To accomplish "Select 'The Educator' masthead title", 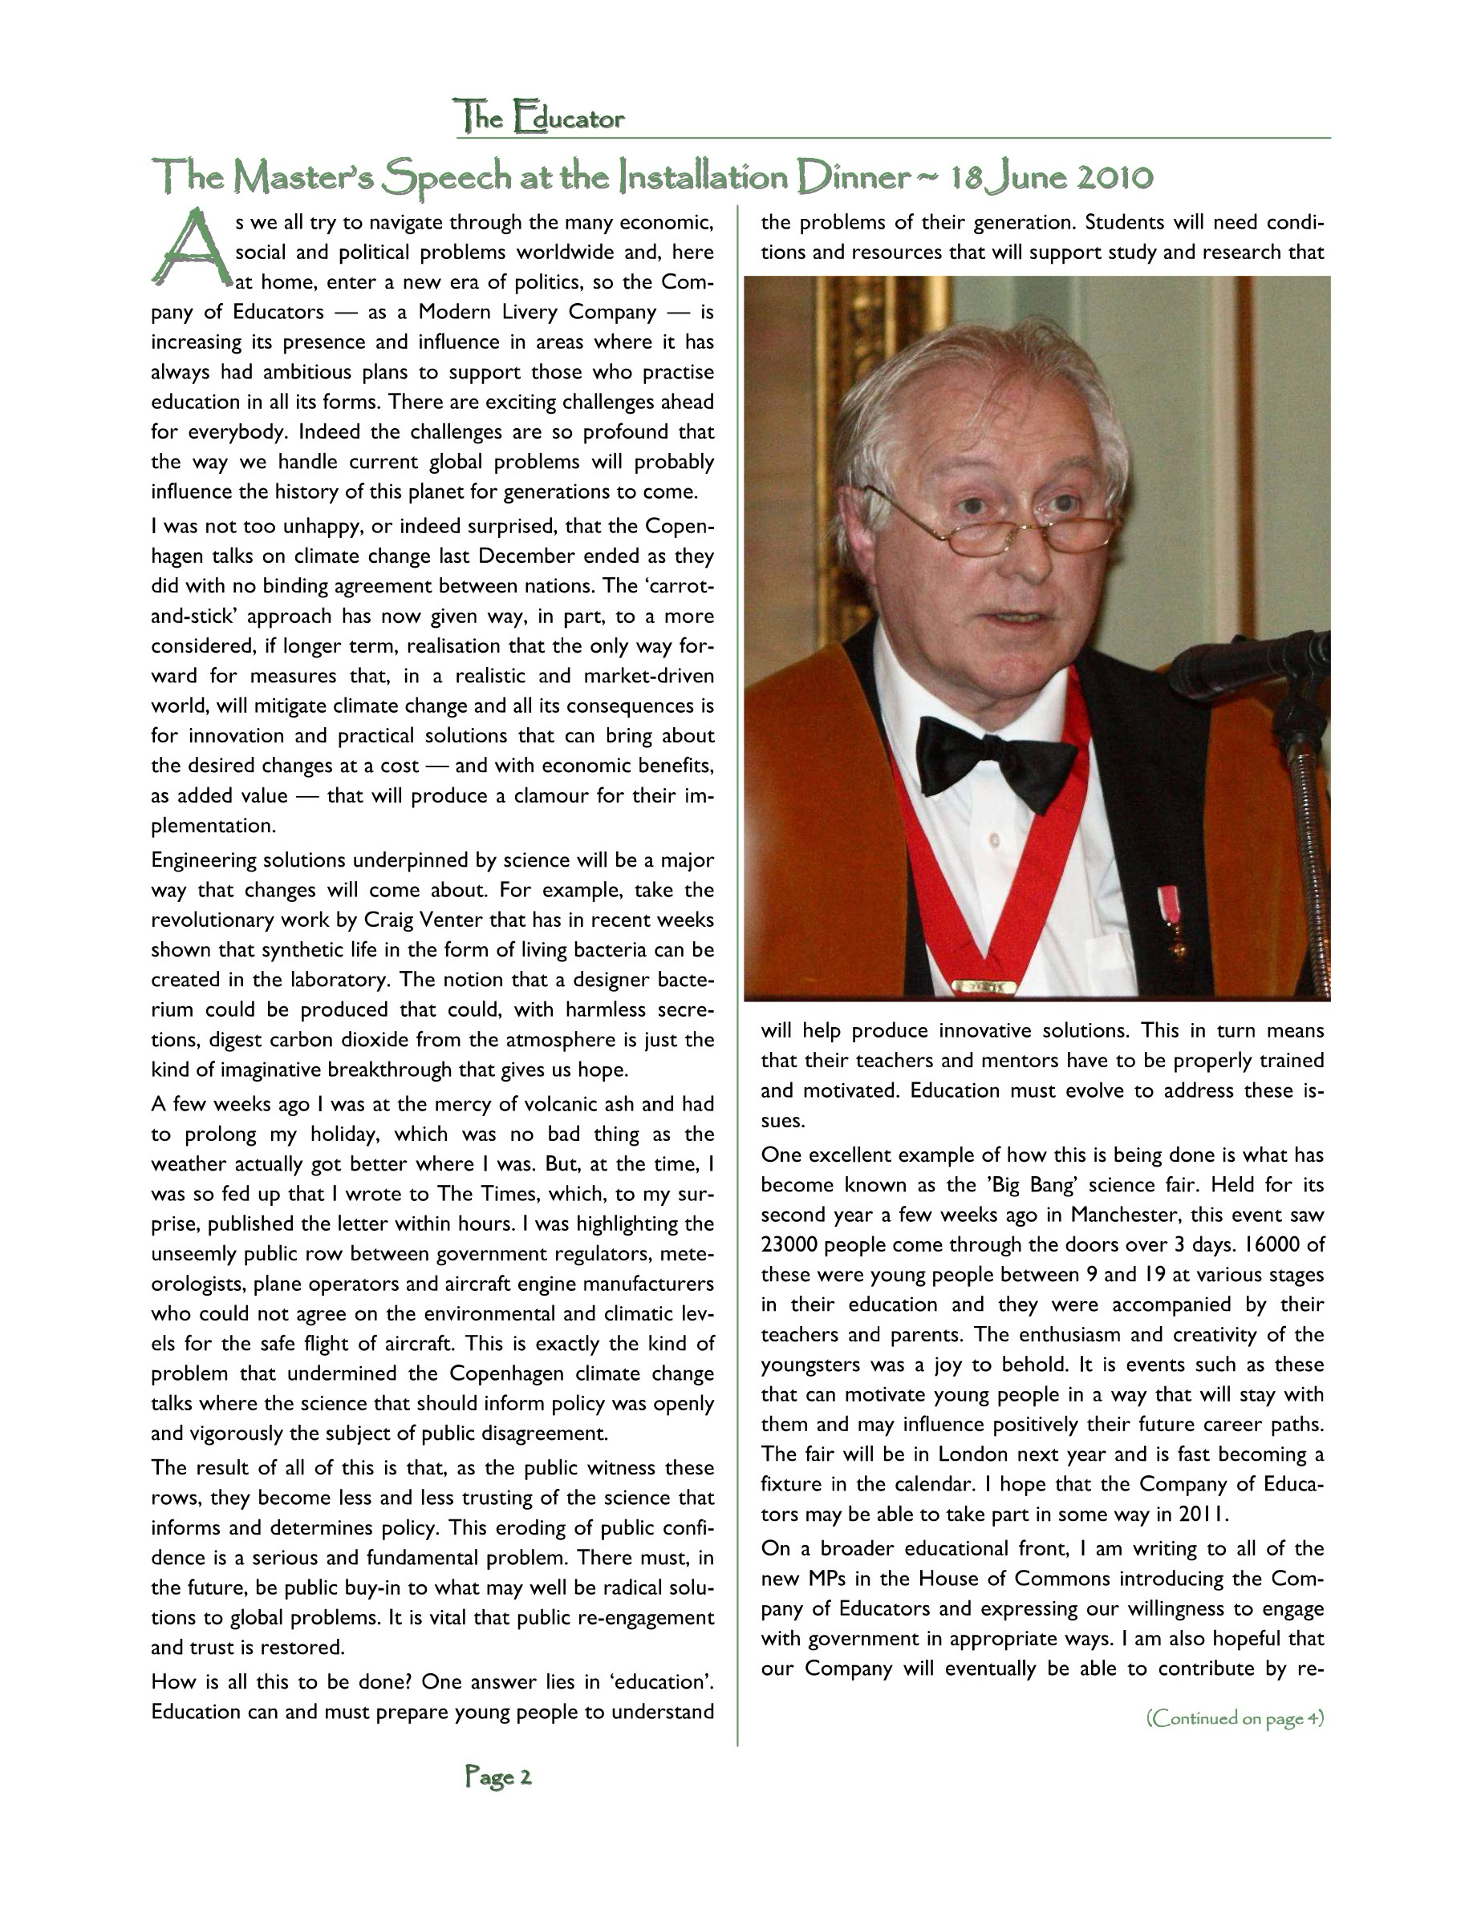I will (x=539, y=118).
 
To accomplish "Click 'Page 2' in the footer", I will (x=498, y=1777).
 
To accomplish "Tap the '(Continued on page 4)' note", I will (x=1235, y=1718).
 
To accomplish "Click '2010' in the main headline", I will (x=1114, y=178).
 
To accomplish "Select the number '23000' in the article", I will (x=789, y=1244).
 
